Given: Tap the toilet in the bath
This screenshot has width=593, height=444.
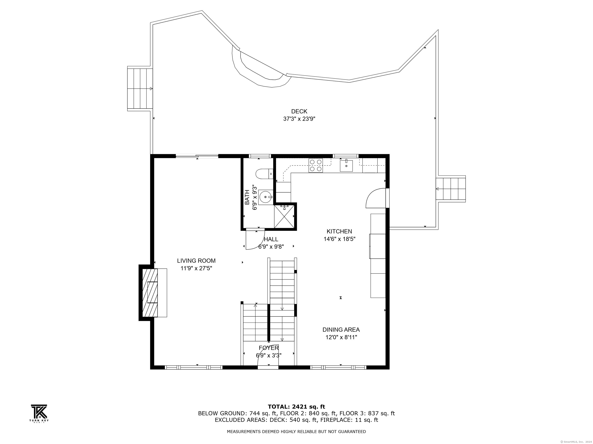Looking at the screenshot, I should point(264,174).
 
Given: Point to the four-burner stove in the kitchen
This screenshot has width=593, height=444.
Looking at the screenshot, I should point(316,165).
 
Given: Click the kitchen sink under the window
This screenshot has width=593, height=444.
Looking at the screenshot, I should point(346,165).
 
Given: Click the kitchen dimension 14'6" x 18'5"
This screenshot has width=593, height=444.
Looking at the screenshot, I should point(339,239).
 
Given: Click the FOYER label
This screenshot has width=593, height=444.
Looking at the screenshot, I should point(269,348).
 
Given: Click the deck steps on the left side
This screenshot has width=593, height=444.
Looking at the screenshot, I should point(140,89).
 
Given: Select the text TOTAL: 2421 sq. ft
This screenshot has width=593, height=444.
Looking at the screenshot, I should point(296,407).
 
